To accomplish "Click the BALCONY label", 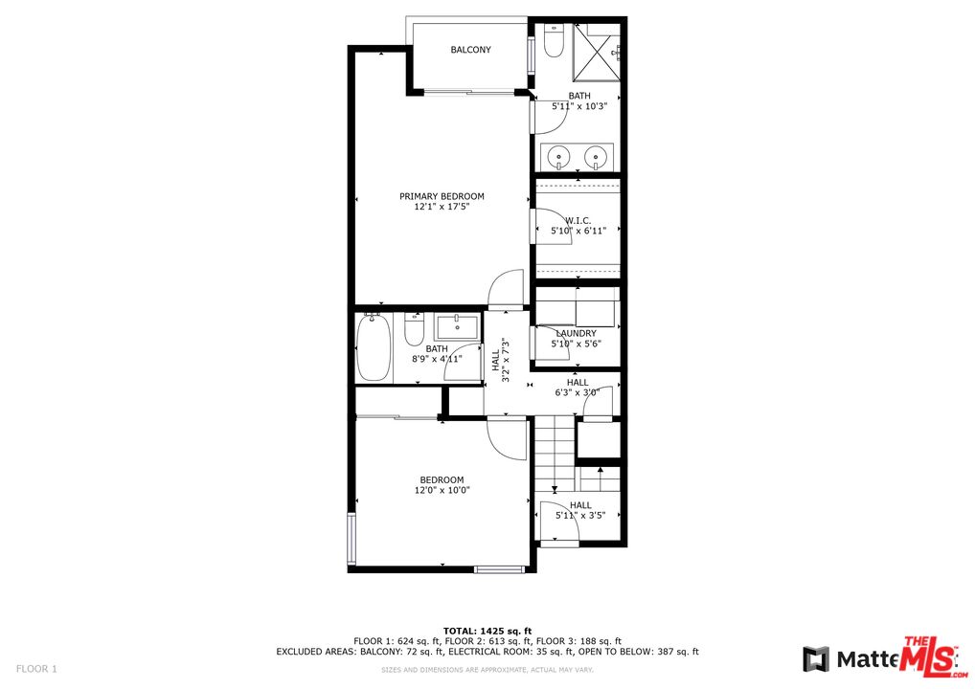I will click(470, 50).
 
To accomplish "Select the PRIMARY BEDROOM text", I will click(442, 196).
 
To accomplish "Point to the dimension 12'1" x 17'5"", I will click(442, 207).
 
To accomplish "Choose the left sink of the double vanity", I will click(557, 155).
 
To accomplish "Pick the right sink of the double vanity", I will click(598, 155).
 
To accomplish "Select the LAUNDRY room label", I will click(576, 333).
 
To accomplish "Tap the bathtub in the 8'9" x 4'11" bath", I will click(372, 347).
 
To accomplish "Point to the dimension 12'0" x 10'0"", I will click(442, 490).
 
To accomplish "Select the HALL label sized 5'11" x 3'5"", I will click(580, 505).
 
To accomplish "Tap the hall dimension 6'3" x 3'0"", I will click(578, 391).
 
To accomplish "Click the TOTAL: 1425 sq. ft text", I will click(487, 631).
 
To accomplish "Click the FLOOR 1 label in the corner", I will click(37, 668).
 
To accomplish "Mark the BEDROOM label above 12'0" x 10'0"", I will click(442, 479).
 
